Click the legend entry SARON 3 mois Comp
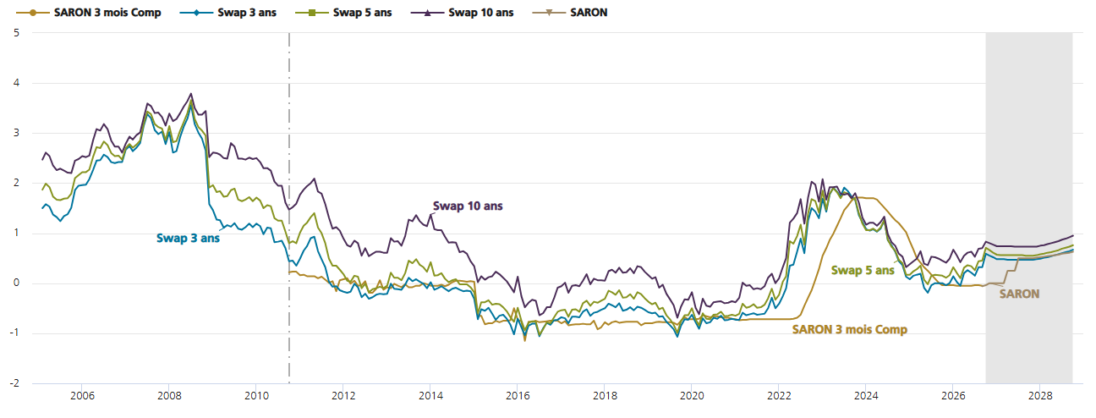(x=89, y=13)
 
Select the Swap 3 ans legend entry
(x=228, y=13)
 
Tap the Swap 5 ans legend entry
(x=343, y=13)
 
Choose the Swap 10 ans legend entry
(x=463, y=13)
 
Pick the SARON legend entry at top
(x=570, y=13)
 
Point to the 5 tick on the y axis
(x=17, y=33)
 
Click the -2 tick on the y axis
(x=14, y=383)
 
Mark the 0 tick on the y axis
(x=17, y=283)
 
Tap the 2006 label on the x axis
(x=82, y=395)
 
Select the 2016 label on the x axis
(x=518, y=395)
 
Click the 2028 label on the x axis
(x=1040, y=395)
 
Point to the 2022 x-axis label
(x=779, y=395)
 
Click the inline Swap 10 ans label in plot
(x=468, y=206)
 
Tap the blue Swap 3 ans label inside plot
(x=188, y=239)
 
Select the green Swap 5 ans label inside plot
(x=863, y=271)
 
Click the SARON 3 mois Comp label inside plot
(x=850, y=329)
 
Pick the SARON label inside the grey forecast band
(x=1019, y=294)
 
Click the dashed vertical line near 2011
(x=289, y=208)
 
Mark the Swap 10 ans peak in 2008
(x=191, y=93)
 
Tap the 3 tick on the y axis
(x=17, y=133)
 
